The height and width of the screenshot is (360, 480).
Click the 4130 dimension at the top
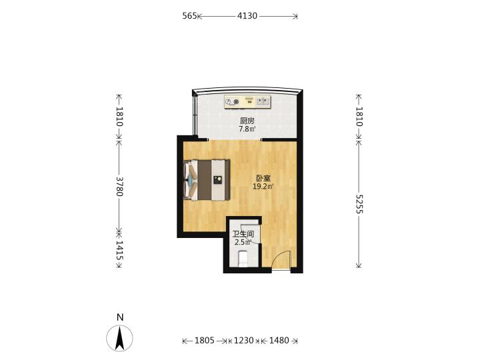coord(247,15)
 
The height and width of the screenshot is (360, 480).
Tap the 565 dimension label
coord(189,15)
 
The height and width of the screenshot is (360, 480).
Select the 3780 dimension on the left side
coord(119,187)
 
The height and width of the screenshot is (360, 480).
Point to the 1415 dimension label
coord(119,251)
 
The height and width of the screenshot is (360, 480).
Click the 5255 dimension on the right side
coord(359,204)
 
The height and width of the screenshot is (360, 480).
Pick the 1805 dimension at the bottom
coord(205,341)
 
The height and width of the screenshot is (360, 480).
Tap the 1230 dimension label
coord(244,341)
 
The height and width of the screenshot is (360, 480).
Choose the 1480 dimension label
coord(279,341)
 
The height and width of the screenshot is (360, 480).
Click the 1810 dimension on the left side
coord(119,117)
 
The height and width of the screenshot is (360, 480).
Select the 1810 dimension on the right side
coord(359,117)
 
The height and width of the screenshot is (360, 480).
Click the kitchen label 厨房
coord(247,121)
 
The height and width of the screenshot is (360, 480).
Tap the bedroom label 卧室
coord(263,178)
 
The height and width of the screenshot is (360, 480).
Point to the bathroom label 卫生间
coord(243,234)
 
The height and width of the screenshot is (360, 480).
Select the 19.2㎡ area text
coord(263,186)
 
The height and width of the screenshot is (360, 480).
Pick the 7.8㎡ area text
coord(247,129)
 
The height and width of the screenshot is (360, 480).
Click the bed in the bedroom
coord(207,180)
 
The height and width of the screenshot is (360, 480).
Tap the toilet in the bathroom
coord(243,259)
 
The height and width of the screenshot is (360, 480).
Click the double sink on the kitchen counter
coord(263,101)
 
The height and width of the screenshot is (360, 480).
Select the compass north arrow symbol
coord(120,338)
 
